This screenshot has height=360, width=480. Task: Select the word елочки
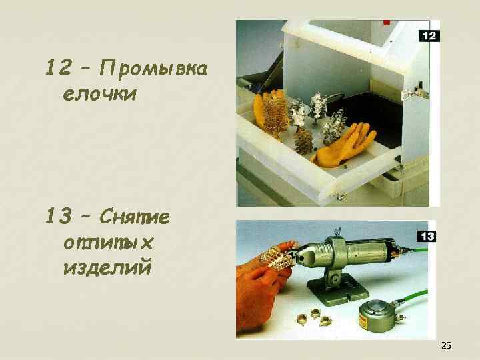[x=99, y=94]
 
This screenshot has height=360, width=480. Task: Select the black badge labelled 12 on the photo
[x=429, y=36]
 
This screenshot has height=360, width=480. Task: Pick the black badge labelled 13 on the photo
[x=426, y=237]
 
